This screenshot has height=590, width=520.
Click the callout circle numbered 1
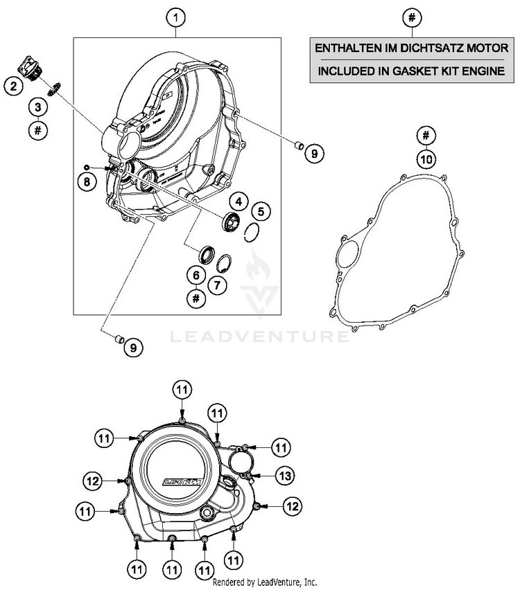177,16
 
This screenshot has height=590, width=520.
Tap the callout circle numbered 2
12,86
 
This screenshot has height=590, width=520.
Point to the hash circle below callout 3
39,129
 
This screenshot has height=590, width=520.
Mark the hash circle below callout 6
196,298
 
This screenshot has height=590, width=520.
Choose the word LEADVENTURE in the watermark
260,337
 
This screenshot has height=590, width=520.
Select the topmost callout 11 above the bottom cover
181,391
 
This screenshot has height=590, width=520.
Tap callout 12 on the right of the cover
292,506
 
